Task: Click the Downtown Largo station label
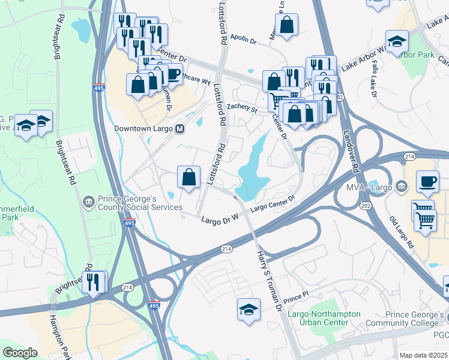click(144, 128)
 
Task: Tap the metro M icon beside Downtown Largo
click(180, 128)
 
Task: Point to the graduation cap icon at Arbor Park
click(396, 41)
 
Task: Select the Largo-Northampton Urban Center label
click(325, 318)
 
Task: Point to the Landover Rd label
click(350, 147)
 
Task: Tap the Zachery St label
click(242, 108)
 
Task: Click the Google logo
click(20, 353)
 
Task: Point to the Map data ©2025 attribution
click(424, 355)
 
